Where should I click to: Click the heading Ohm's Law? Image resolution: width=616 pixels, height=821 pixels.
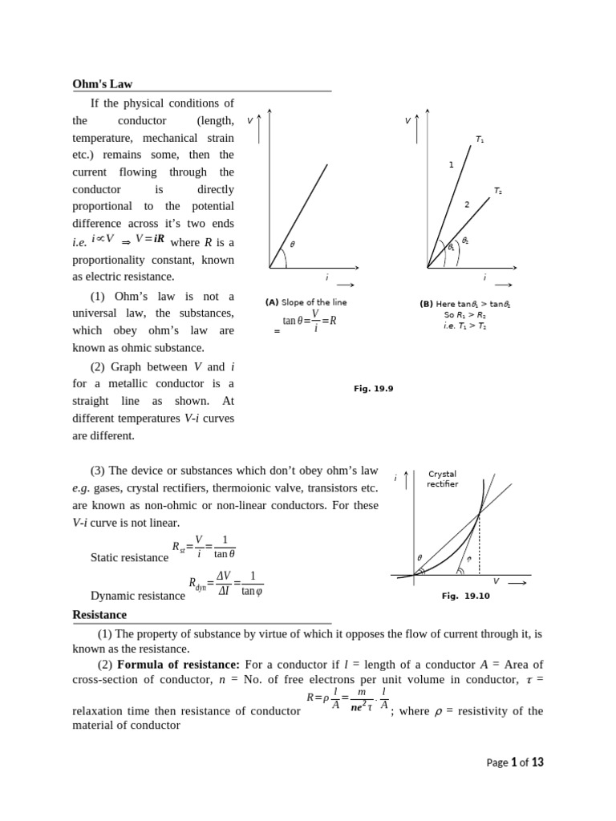pos(103,83)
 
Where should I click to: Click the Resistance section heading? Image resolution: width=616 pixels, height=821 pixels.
pos(99,615)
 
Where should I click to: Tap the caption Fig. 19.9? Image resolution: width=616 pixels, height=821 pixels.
pos(374,388)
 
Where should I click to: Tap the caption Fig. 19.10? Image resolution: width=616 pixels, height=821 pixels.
pos(465,596)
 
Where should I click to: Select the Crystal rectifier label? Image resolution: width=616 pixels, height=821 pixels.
pos(442,479)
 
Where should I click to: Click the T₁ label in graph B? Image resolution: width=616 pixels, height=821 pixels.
pos(479,140)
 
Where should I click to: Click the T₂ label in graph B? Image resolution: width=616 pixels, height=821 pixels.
pos(498,191)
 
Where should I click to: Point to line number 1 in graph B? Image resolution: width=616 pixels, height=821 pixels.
pos(451,164)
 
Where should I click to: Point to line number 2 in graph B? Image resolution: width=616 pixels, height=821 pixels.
pos(467,204)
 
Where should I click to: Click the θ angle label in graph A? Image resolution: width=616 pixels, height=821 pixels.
pos(292,244)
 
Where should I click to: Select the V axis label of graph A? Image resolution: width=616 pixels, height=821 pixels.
pos(250,120)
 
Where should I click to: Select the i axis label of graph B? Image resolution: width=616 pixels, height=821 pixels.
pos(484,277)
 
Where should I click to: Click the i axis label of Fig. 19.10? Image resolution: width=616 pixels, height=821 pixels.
pos(395,478)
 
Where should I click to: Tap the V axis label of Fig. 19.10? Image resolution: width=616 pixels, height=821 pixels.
pos(495,581)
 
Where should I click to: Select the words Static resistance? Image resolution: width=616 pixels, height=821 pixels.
pos(129,557)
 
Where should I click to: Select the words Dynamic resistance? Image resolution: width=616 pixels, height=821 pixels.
pos(137,596)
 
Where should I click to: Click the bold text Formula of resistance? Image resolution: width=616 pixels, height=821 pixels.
pos(178,665)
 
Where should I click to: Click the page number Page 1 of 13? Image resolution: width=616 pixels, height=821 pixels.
pos(515,762)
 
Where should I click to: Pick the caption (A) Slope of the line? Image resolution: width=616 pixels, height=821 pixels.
pos(306,302)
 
